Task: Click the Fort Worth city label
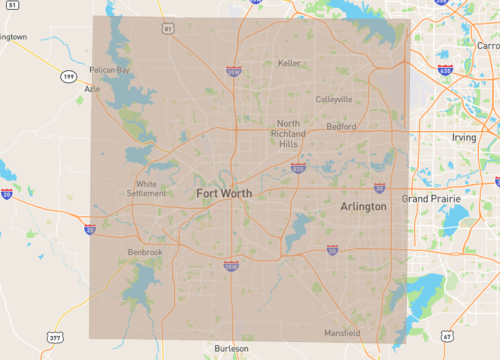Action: tap(224, 192)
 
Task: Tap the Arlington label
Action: tap(363, 205)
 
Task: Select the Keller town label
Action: tap(289, 63)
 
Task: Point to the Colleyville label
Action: tap(334, 99)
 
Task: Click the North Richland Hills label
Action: tap(288, 133)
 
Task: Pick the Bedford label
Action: tap(342, 127)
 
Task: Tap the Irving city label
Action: tap(464, 136)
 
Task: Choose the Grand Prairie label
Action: tap(430, 199)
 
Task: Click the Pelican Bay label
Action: tap(110, 70)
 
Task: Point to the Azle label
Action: tap(93, 88)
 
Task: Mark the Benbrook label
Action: tap(145, 252)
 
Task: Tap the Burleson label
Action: tap(231, 348)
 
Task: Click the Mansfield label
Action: tap(342, 332)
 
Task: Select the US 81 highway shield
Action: tap(168, 29)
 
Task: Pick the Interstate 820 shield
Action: tap(298, 168)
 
